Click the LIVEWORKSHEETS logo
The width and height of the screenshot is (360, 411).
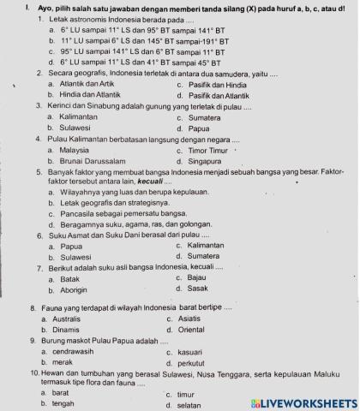pyautogui.click(x=302, y=402)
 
